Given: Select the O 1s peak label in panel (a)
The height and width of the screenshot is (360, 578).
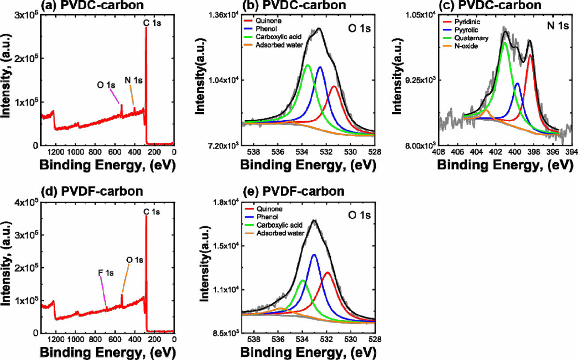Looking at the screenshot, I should tap(106, 85).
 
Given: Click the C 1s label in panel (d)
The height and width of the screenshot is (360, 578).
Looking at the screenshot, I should tap(152, 212).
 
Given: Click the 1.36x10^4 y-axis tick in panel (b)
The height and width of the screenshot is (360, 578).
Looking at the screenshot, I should tap(224, 15).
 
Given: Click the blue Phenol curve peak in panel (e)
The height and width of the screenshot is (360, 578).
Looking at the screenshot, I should tap(314, 255).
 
